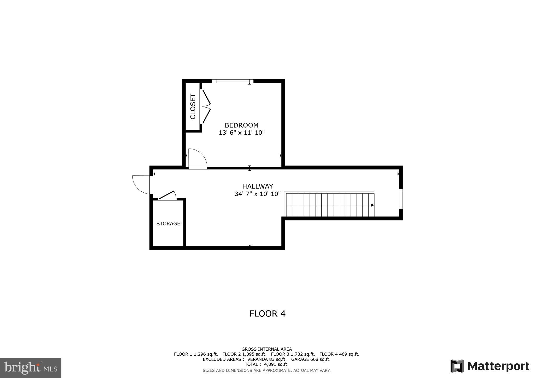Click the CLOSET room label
point(193,106)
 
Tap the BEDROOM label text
point(242,125)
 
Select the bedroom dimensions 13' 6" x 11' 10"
point(242,133)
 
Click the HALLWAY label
point(258,186)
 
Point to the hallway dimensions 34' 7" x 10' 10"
point(258,194)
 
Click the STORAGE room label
point(168,224)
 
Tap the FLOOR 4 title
point(267,314)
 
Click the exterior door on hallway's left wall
point(142,185)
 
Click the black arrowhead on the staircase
point(372,205)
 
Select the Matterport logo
point(490,366)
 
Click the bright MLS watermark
point(31,368)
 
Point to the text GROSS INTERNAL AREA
point(266,349)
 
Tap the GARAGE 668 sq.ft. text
point(311,359)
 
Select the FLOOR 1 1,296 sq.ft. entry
point(196,354)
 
